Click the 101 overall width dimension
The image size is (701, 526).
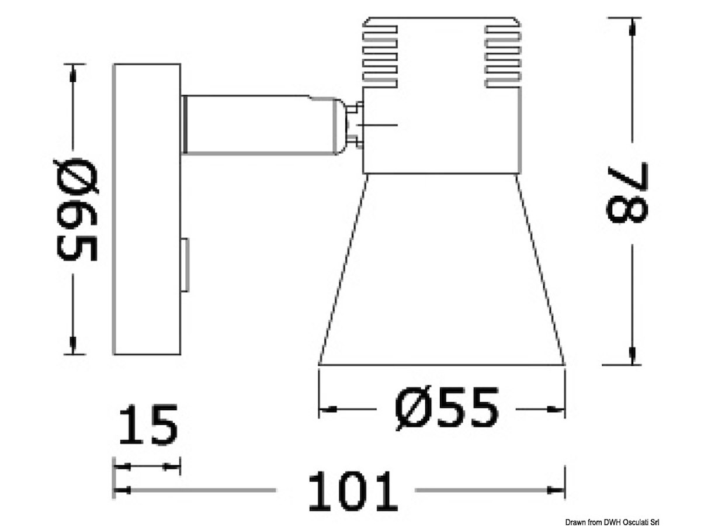click(353, 491)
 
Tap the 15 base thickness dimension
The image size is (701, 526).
click(148, 424)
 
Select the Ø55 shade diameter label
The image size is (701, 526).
click(446, 409)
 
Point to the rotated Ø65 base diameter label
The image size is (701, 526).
click(77, 209)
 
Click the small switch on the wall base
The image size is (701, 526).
click(185, 265)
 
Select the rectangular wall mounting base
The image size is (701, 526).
click(147, 209)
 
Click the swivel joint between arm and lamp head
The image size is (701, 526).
click(350, 125)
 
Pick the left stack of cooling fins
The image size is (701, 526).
click(380, 57)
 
